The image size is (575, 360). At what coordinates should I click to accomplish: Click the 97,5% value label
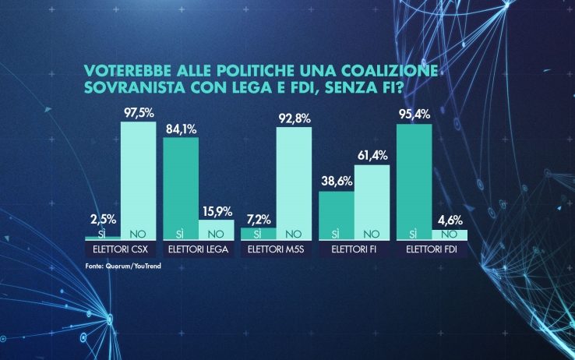coord(138,114)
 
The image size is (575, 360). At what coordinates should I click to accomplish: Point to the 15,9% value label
coord(217,211)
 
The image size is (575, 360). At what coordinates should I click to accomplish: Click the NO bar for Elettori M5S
coord(294,183)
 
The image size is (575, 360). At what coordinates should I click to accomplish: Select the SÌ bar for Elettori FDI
coord(414,182)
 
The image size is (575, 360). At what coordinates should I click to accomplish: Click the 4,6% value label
coord(450,221)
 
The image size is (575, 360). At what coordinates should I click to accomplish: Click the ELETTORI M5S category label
coord(276,250)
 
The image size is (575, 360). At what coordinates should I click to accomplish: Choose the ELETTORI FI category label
coord(354,250)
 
